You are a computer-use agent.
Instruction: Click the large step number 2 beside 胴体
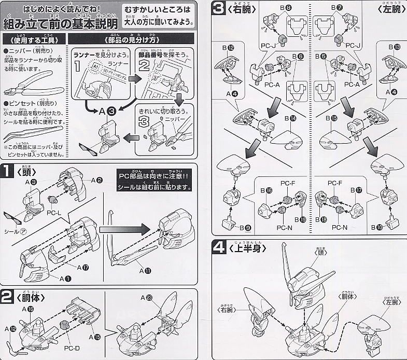[x=7, y=297]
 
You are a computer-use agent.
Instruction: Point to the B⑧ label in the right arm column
[x=286, y=8]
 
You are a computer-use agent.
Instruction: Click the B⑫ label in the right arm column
[x=231, y=48]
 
